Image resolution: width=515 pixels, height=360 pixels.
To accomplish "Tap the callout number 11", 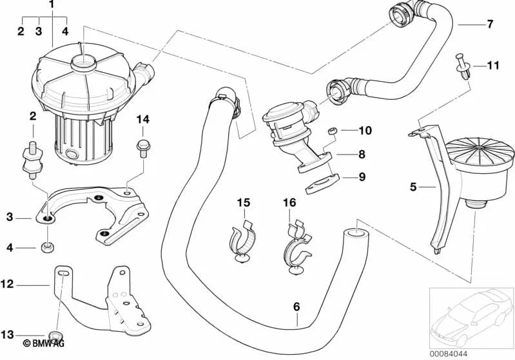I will click(492, 65).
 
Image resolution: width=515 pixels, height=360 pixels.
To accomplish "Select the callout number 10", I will click(365, 131).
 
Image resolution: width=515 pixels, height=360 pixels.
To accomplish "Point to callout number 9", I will click(362, 175).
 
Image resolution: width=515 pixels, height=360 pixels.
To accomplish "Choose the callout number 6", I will click(296, 307).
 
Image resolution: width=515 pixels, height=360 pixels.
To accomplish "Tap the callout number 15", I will click(242, 203).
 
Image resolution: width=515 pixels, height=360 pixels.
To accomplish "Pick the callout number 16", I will click(289, 203).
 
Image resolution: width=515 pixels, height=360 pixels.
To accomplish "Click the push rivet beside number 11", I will click(464, 67).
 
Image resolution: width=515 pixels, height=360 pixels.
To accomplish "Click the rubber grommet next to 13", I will click(55, 335).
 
